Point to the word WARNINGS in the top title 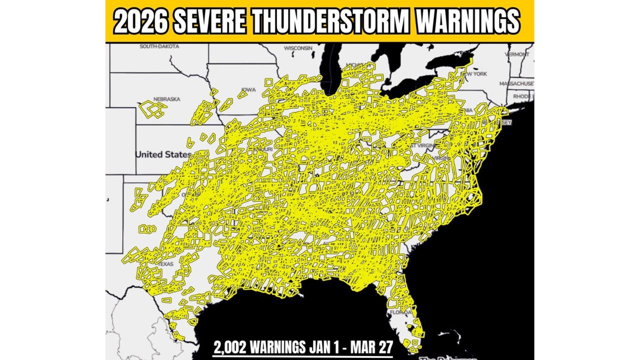(x=468, y=21)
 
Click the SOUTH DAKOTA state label (x=159, y=46)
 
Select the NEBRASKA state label (x=166, y=99)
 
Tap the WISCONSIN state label (x=298, y=48)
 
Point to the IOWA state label (x=248, y=89)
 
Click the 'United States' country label (x=163, y=154)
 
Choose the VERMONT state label (x=516, y=54)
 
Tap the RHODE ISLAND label (x=523, y=96)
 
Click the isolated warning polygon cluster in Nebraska (x=152, y=109)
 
